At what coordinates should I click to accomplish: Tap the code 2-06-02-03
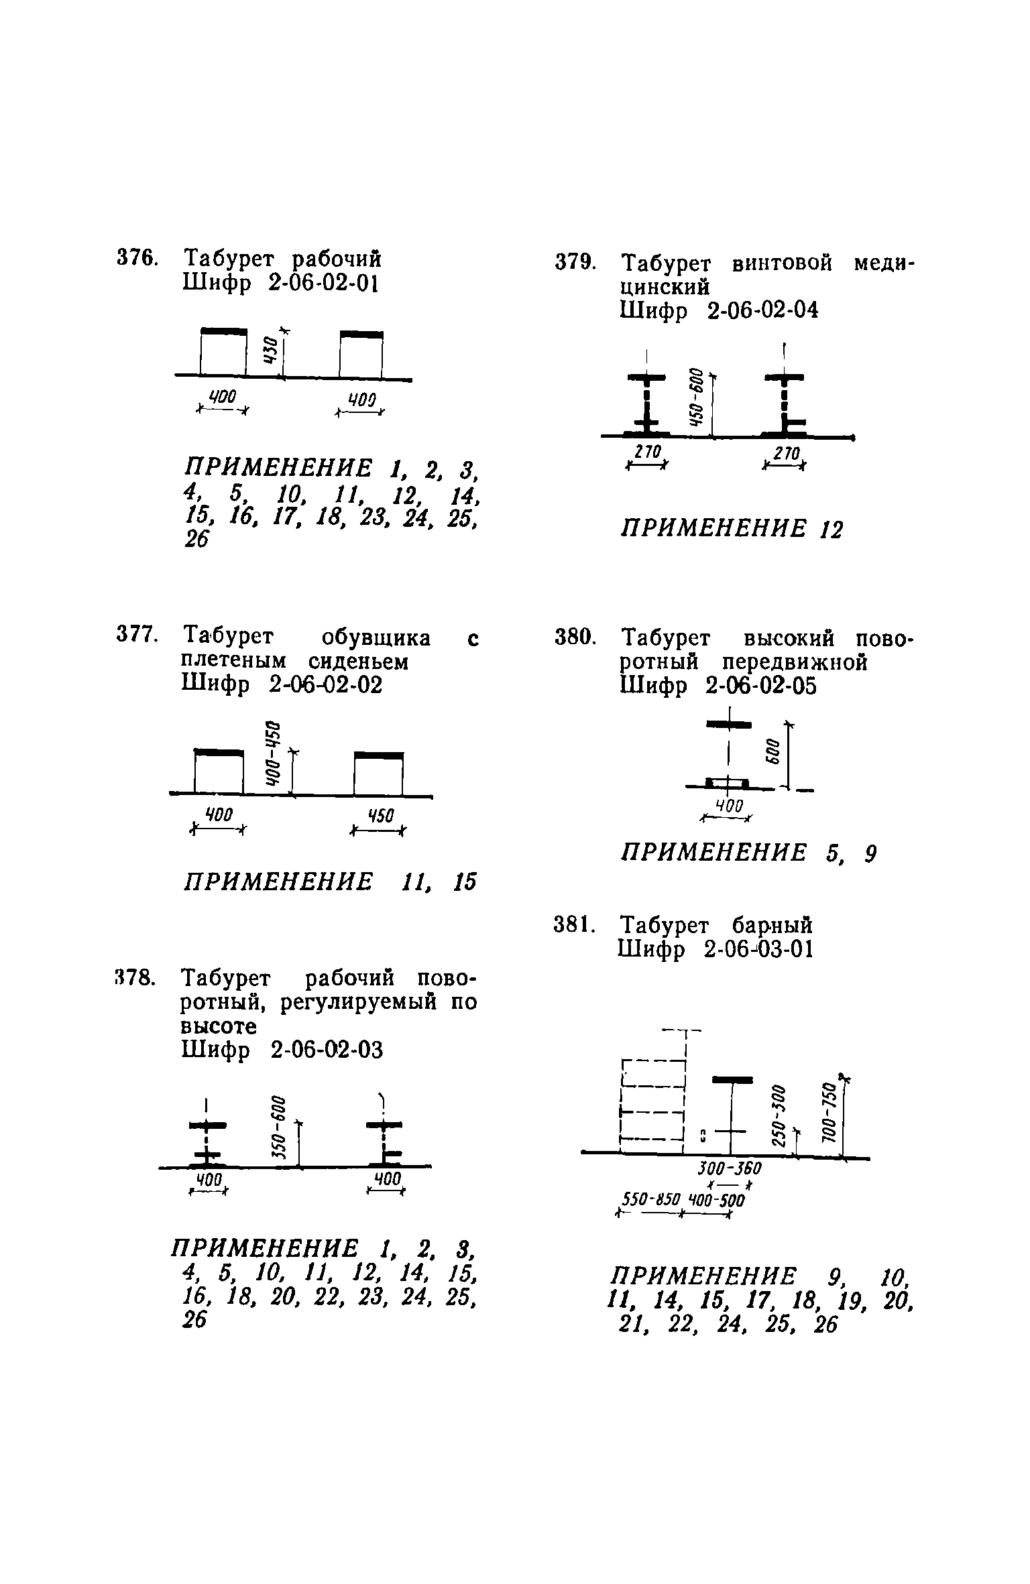(x=327, y=1050)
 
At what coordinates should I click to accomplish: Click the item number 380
(x=575, y=637)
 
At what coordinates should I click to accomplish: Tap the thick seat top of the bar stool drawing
(x=732, y=1079)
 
